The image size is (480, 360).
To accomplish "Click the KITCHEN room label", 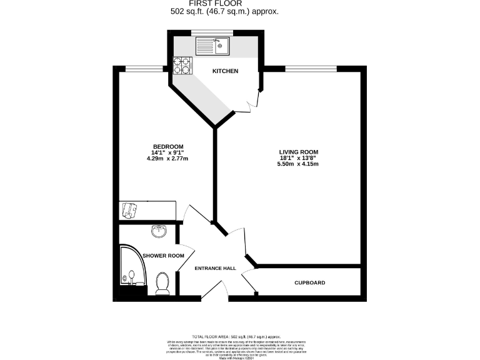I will (x=225, y=71).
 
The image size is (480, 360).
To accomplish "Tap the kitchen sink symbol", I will (x=212, y=46).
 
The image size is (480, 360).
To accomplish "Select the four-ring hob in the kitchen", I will (x=182, y=64).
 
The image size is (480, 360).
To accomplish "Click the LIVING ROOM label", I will (x=299, y=152).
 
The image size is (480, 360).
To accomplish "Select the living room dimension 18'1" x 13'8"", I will (x=299, y=158).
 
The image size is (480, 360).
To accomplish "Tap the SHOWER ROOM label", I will (x=163, y=256).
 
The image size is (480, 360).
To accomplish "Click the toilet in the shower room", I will (x=162, y=282).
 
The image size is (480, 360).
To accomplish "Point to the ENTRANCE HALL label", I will (x=215, y=268).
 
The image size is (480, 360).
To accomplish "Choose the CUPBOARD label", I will (x=310, y=283).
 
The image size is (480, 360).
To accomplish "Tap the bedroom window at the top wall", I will (x=136, y=67).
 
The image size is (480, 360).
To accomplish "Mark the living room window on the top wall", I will (x=311, y=67).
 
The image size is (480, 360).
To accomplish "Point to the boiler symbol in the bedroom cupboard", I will (x=129, y=211).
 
